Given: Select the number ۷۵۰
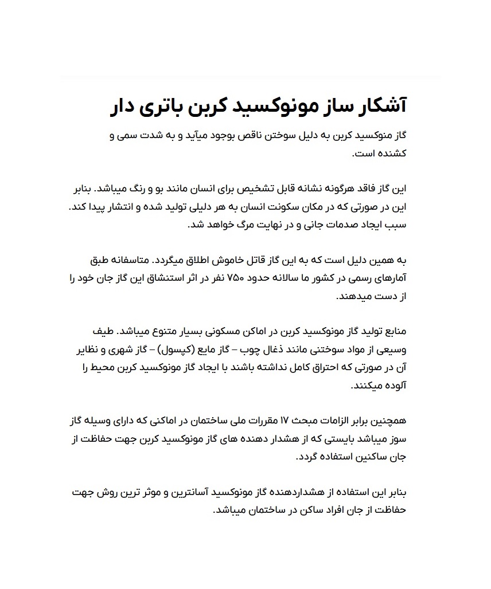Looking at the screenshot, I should tap(237, 278).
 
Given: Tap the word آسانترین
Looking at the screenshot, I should tap(196, 493).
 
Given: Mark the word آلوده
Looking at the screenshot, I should tap(393, 386).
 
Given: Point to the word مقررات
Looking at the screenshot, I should tap(255, 422).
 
